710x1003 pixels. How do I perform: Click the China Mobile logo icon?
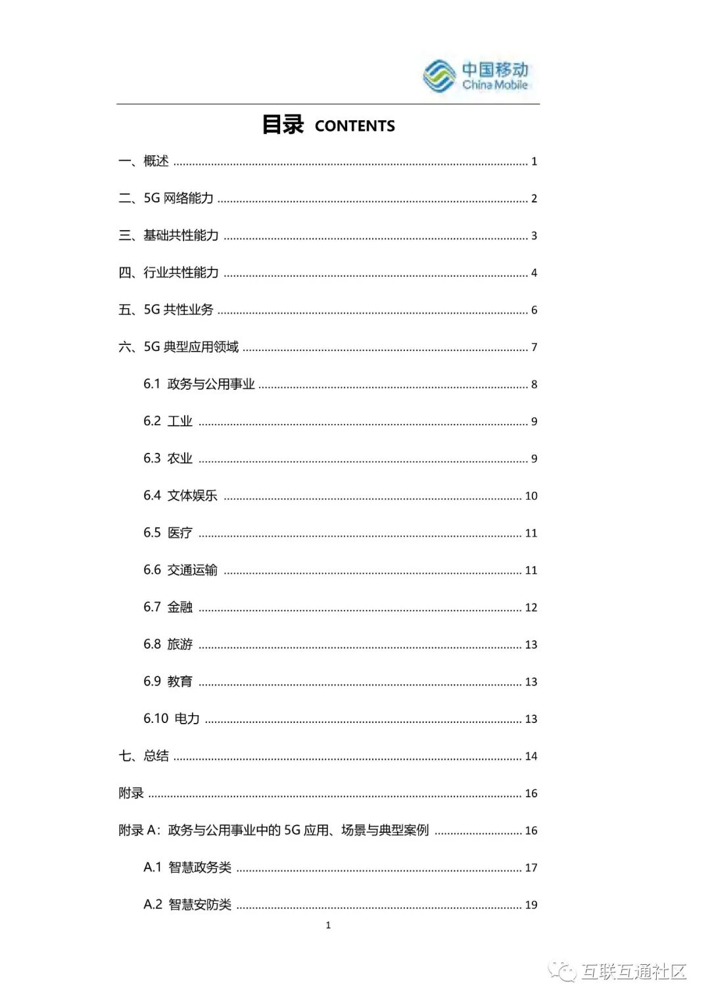(439, 76)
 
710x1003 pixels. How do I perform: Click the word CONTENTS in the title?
(354, 126)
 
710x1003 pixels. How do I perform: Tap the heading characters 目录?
(283, 125)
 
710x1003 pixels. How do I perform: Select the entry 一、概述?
(144, 161)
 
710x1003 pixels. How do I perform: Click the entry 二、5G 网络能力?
(166, 198)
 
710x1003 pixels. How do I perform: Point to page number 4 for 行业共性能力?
(534, 273)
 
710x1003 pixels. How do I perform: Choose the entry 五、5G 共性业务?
(166, 310)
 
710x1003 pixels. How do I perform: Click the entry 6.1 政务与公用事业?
(199, 384)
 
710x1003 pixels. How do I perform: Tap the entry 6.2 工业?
(168, 421)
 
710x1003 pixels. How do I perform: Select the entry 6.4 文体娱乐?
(180, 496)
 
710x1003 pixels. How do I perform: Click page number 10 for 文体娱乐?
(531, 496)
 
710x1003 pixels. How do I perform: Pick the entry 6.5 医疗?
(168, 533)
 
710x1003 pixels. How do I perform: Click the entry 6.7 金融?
(168, 607)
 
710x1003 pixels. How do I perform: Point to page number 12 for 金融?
(531, 608)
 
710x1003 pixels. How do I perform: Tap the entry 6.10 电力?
(172, 719)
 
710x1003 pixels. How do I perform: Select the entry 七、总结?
(144, 756)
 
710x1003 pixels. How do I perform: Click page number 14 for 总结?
(531, 757)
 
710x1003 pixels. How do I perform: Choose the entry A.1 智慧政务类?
(187, 868)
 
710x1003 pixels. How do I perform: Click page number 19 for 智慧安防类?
(531, 905)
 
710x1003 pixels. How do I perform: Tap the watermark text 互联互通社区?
(633, 971)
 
